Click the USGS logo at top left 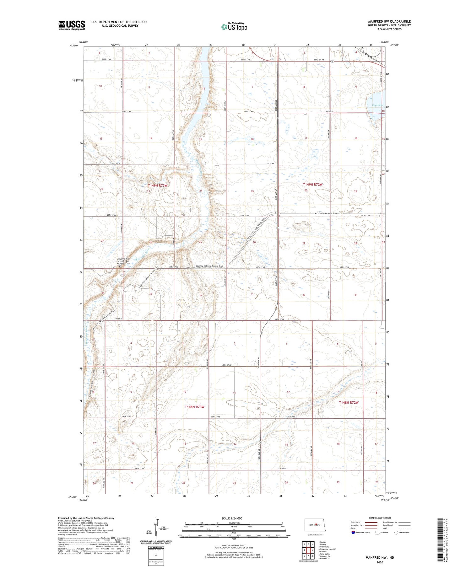pos(72,25)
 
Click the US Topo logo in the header pos(234,27)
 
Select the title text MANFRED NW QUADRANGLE pos(389,22)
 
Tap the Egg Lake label pos(377,105)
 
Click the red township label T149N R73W pos(158,185)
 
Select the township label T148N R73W pos(194,407)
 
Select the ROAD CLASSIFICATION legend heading pos(380,518)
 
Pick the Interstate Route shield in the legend pos(353,533)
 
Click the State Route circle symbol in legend pos(396,533)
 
